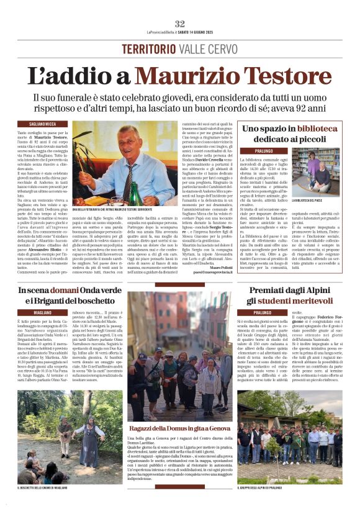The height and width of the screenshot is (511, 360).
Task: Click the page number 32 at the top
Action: [x=180, y=24]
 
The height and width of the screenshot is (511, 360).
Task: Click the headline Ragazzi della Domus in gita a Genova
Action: [x=179, y=428]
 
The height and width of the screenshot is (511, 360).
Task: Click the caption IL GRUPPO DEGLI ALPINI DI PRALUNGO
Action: [x=268, y=487]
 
